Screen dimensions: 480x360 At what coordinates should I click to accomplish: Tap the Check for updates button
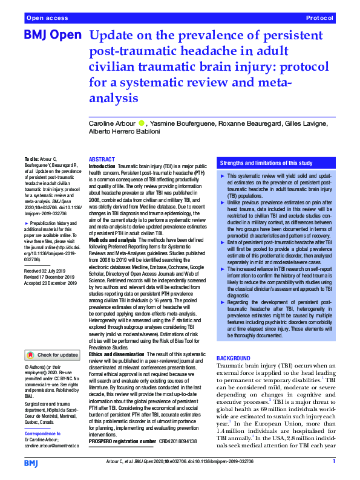[52, 355]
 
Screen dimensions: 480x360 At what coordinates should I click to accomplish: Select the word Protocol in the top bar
[321, 18]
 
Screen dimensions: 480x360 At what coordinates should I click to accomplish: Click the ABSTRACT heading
[102, 159]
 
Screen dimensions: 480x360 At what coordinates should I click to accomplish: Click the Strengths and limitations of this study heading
[266, 163]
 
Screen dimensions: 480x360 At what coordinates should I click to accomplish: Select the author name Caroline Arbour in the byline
[114, 124]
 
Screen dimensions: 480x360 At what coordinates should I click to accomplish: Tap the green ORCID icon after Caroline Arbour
[142, 124]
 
